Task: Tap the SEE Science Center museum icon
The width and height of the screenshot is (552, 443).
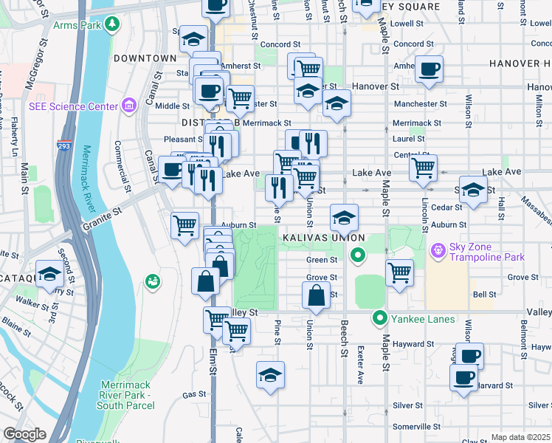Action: coord(129,106)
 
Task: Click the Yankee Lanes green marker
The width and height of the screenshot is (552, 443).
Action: coord(380,319)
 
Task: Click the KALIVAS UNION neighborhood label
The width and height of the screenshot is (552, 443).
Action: coord(322,238)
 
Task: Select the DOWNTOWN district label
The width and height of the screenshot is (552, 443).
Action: coord(145,58)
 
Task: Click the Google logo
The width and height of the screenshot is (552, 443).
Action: coord(24,434)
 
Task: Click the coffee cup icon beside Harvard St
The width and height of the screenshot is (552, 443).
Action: coord(464,378)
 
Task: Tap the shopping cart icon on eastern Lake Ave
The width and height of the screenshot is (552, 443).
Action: coord(423,168)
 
